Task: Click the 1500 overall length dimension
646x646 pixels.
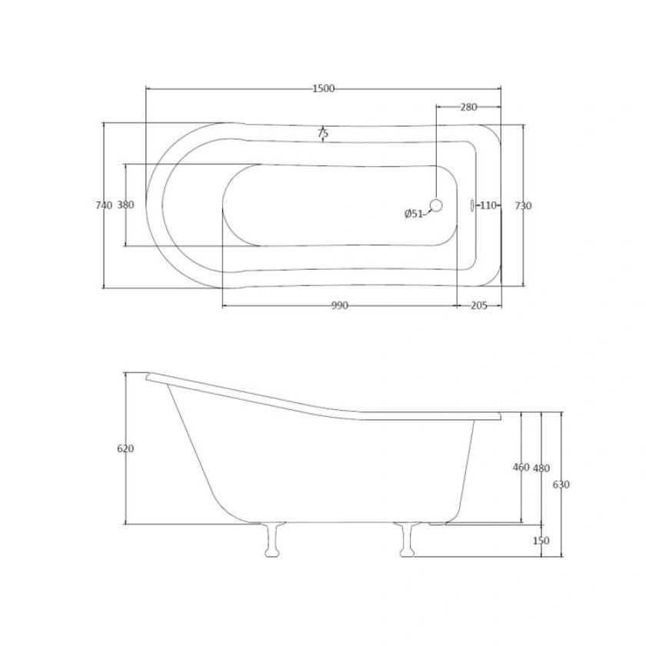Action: coord(324,88)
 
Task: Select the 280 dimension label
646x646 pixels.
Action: coord(468,107)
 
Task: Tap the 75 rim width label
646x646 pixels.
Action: coord(323,134)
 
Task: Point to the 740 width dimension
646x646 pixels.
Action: coord(104,205)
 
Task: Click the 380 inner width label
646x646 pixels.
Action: coord(125,205)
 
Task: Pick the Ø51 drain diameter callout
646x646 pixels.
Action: coord(413,214)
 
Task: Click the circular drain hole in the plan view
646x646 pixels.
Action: coord(436,205)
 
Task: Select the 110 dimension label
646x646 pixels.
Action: coord(488,205)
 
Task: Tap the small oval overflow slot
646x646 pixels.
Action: coord(472,205)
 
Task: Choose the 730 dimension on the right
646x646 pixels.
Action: coord(523,205)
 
